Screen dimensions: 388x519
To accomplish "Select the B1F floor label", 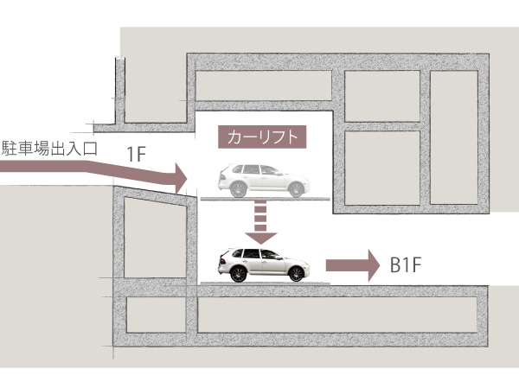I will (x=407, y=264).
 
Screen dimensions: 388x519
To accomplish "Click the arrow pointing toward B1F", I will (x=355, y=264).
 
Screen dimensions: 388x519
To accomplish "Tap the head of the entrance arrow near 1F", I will (x=179, y=180).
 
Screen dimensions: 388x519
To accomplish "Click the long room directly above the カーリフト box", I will (x=264, y=84).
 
